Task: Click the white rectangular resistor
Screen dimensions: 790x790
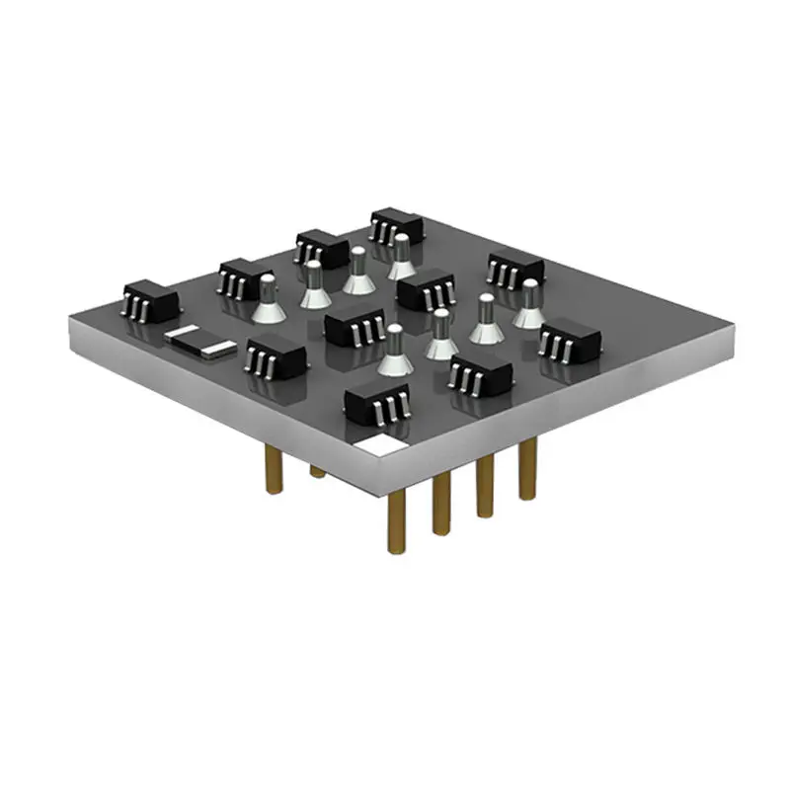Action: [200, 341]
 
